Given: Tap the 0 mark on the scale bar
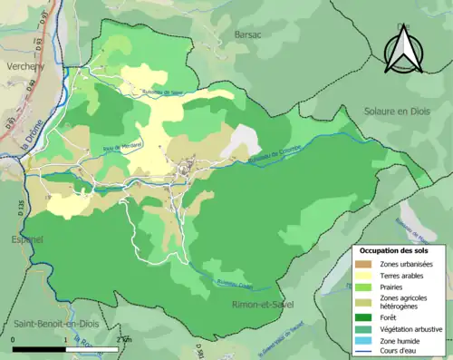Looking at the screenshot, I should coord(14,339).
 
